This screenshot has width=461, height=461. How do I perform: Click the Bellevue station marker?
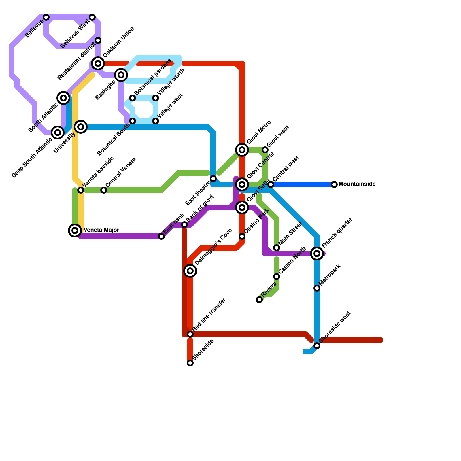pos(46,18)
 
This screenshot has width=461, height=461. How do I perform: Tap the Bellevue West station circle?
pos(92,18)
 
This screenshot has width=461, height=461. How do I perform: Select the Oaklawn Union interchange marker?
pos(98,63)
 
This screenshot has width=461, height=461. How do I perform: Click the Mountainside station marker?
pos(334,184)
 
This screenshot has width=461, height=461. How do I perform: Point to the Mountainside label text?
pos(357,184)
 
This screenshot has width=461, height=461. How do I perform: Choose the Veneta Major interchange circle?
pos(75,231)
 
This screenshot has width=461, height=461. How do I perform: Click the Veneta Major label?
pos(101,230)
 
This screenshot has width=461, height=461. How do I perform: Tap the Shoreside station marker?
pos(190,363)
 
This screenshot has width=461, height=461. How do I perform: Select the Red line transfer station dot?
pos(190,334)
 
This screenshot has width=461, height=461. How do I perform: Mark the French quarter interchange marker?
pos(317,254)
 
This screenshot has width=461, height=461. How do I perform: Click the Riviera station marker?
pos(259,300)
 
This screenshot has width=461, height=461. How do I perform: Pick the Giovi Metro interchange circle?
pos(242,150)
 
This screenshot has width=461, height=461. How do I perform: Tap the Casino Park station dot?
pos(242,236)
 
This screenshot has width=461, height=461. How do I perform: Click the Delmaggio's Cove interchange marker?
pos(190,271)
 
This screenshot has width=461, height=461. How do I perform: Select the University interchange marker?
pos(81,127)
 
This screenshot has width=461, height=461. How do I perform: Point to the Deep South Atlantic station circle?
pos(58,133)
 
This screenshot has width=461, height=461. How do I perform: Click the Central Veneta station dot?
pos(104,190)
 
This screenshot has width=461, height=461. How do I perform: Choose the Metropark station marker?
pos(317,288)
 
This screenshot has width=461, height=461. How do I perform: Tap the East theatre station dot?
pos(213,179)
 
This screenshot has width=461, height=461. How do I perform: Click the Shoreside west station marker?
pos(317,346)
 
